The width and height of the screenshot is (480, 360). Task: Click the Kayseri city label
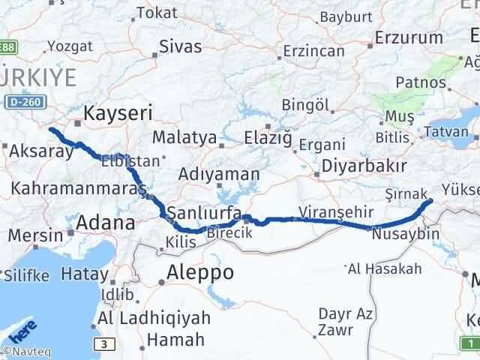point(118,113)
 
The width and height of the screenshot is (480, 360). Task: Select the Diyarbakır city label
point(364,166)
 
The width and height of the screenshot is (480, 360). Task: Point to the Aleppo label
point(200,272)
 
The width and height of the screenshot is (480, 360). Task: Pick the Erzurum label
point(409,37)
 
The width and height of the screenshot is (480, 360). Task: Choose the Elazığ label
point(267,138)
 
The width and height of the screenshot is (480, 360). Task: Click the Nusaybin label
point(405,235)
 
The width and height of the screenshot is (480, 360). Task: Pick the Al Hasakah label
point(383,268)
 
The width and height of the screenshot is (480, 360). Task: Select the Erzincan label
point(314,51)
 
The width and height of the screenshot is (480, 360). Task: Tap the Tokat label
point(157,13)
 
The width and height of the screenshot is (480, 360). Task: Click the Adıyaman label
point(219,174)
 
